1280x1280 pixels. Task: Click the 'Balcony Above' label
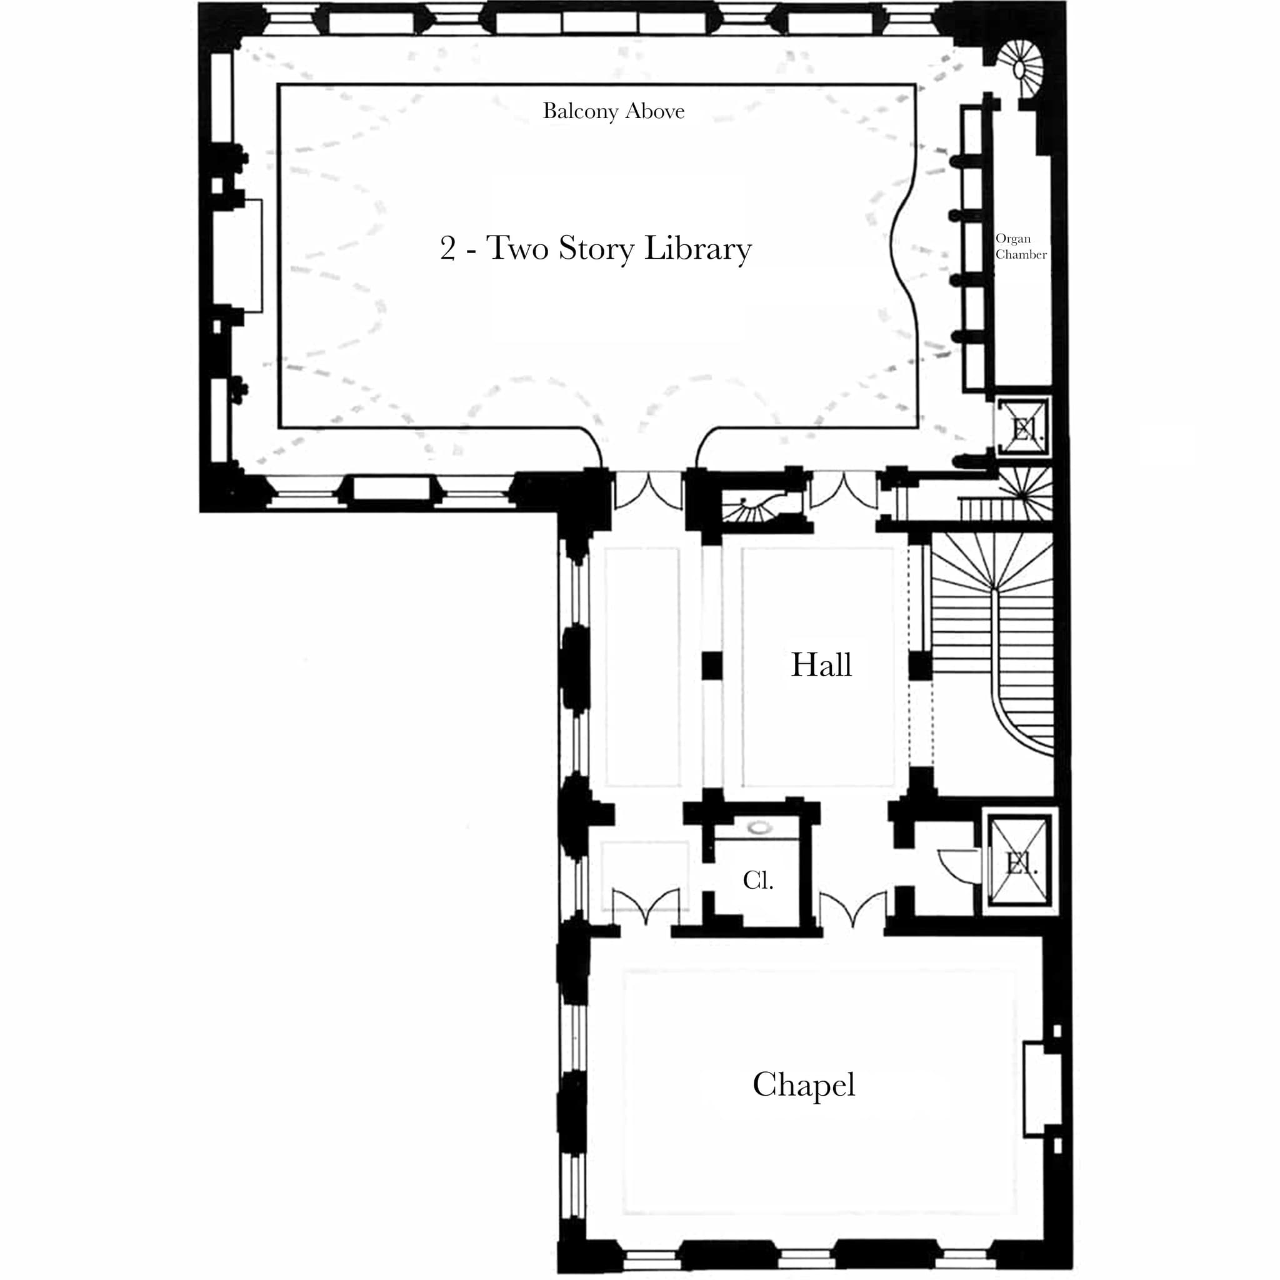[x=613, y=111]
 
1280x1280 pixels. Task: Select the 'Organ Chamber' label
[x=1020, y=246]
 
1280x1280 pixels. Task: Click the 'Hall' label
[x=821, y=665]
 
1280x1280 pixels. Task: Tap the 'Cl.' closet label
[x=758, y=881]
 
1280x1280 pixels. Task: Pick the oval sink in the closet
[x=759, y=827]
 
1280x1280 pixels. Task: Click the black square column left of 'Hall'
[x=711, y=666]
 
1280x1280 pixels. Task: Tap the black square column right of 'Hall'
[x=919, y=666]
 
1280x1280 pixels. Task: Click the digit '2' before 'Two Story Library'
[x=448, y=249]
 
